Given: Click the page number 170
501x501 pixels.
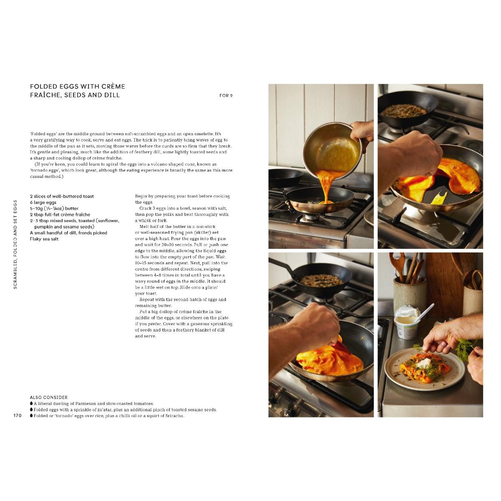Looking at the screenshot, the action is tap(18, 415).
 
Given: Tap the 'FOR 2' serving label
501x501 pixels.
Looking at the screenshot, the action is tap(226, 96).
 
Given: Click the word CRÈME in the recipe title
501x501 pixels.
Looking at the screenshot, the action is tap(113, 86).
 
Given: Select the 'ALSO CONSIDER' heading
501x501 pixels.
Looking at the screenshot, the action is tap(48, 397).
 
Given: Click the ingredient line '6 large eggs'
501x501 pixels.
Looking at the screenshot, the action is tap(43, 202).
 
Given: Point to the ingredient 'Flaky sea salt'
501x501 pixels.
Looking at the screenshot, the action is tap(44, 239).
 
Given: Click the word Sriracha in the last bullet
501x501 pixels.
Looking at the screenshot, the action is tap(175, 416).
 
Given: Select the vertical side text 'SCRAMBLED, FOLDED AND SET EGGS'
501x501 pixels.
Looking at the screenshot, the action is tap(15, 244).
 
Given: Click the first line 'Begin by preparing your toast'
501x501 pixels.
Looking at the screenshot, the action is tap(182, 196).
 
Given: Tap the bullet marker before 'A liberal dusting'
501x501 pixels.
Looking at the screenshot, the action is tap(31, 403).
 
